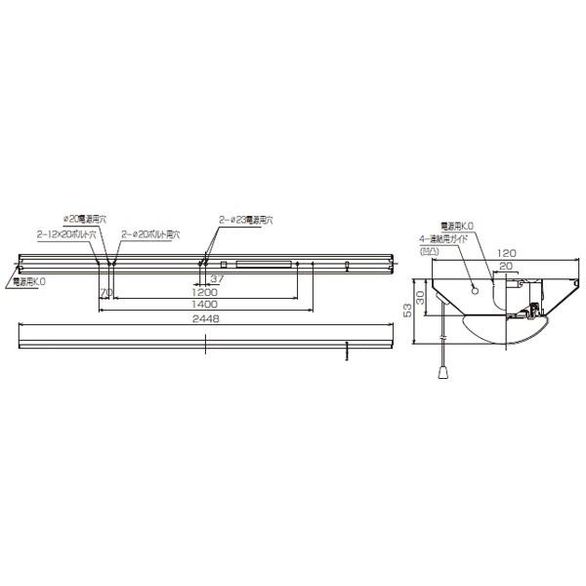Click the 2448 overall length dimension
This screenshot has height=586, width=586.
click(206, 318)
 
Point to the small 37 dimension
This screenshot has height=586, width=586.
click(218, 279)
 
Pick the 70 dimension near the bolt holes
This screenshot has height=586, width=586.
click(105, 292)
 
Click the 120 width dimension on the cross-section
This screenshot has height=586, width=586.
click(503, 253)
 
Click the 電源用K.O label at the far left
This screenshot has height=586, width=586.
click(30, 280)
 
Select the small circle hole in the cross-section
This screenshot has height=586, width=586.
click(476, 289)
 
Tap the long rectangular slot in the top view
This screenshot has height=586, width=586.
click(265, 263)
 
